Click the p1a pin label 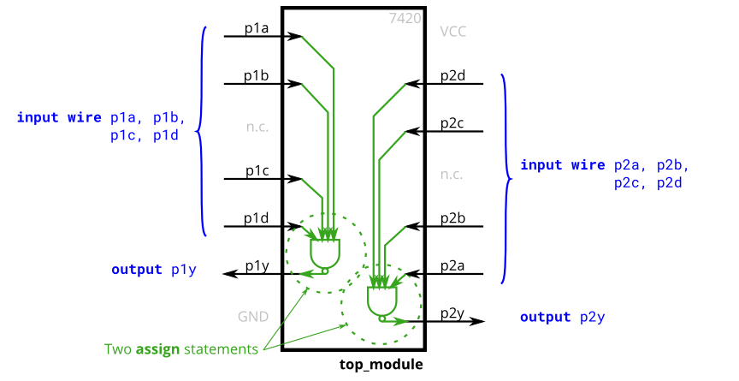point(257,28)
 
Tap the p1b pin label point(257,76)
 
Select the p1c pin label point(257,171)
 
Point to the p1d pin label point(257,219)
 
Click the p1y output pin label point(257,266)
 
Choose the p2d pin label point(452,76)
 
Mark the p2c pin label point(452,123)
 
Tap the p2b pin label point(452,219)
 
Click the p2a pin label point(452,266)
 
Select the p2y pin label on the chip point(452,313)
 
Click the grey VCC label point(453,32)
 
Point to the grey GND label point(253,317)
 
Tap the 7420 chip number point(405,17)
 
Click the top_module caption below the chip point(381,365)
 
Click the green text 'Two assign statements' point(181,349)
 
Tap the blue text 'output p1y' point(154,270)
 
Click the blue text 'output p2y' point(563,318)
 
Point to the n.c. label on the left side point(257,127)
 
